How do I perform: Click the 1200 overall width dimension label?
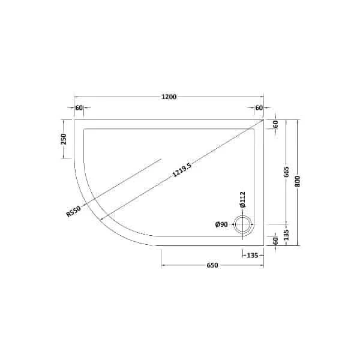169,97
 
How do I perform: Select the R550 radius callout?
74,212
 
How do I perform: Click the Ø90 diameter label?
221,224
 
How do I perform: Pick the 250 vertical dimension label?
63,139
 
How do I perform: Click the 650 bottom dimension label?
212,266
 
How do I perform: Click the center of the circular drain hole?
244,224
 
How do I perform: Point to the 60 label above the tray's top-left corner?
79,108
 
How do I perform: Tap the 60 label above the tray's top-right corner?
259,108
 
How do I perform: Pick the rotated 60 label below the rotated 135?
275,241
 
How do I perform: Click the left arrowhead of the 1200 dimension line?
76,97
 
